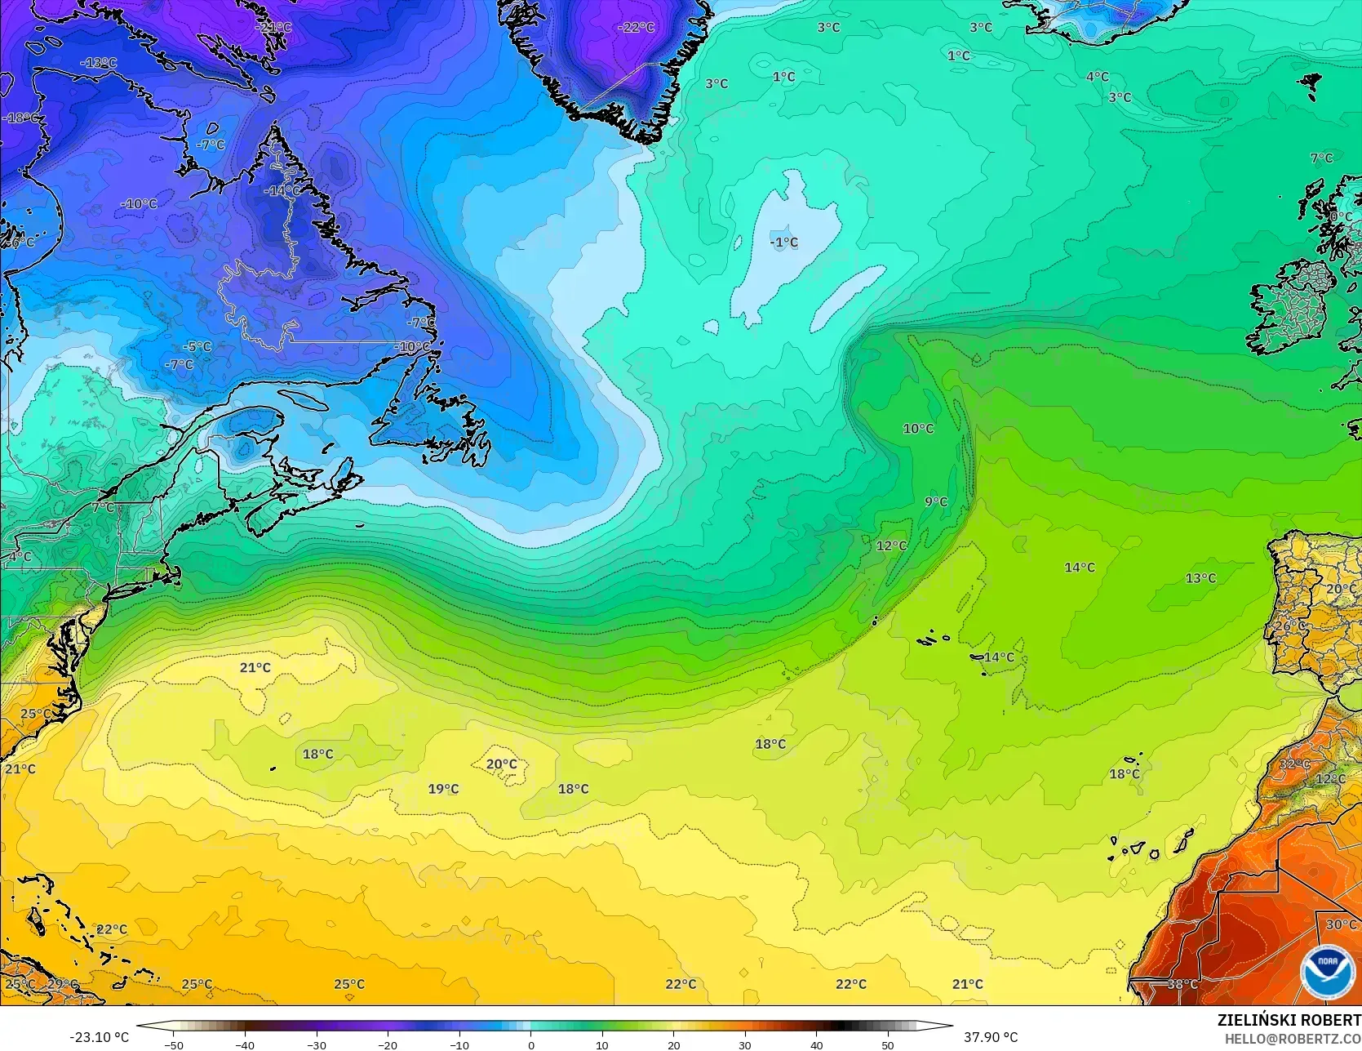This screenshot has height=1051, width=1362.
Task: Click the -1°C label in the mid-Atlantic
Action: pos(784,243)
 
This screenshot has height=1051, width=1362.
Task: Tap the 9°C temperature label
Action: pos(936,501)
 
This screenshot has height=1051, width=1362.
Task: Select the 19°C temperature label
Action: pos(443,789)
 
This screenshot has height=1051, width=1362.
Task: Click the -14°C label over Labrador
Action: pos(282,190)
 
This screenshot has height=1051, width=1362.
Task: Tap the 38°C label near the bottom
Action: pos(1182,985)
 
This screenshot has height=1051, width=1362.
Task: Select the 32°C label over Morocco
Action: pos(1294,764)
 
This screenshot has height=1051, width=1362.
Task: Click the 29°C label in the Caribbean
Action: pos(62,984)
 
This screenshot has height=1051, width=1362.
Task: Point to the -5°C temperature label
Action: pos(196,347)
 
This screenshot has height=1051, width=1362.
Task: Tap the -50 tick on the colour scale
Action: pos(174,1044)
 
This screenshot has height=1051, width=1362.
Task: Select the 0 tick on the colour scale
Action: pos(530,1044)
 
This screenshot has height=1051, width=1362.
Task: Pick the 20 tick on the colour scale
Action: pos(673,1044)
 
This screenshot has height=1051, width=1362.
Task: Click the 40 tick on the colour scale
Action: pos(816,1044)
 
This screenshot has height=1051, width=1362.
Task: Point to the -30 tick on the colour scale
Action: pos(317,1044)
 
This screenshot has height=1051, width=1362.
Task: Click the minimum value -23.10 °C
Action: pos(99,1037)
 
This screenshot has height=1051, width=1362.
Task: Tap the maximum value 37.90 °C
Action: pos(991,1037)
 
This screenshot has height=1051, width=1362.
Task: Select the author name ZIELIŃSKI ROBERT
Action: pos(1289,1020)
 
